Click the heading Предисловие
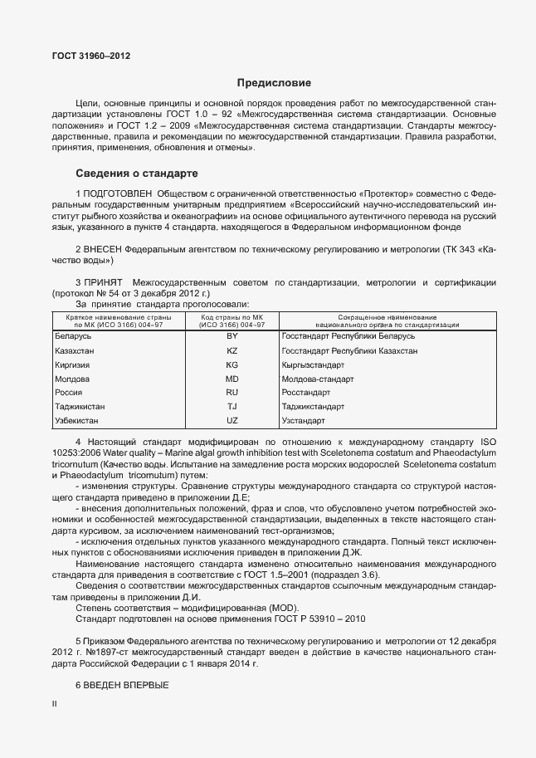click(x=274, y=83)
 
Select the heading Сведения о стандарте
click(x=136, y=174)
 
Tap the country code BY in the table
click(x=232, y=336)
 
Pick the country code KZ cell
click(x=232, y=350)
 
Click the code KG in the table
click(x=232, y=364)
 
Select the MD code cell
click(x=232, y=379)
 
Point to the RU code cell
click(x=232, y=392)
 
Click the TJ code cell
click(x=232, y=407)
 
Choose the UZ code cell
click(x=232, y=421)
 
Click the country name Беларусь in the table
click(x=73, y=336)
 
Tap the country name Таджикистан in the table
click(x=81, y=407)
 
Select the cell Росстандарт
click(x=306, y=392)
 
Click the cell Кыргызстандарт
click(x=313, y=364)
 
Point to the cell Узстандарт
click(x=304, y=421)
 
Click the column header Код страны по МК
click(x=232, y=318)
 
